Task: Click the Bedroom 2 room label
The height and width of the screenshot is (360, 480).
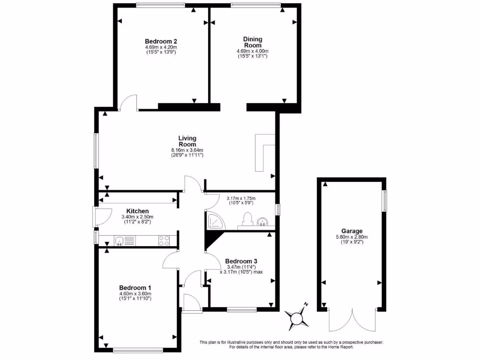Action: coord(160,41)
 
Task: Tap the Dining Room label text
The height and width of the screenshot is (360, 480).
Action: coord(252,42)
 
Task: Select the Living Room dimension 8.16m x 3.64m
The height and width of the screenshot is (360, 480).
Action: coord(187,150)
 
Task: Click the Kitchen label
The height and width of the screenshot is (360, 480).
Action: coord(137,211)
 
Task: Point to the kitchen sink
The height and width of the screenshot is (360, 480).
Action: coord(120,241)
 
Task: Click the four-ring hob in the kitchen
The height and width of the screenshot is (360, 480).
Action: coord(164,240)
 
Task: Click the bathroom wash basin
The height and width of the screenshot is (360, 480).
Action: coord(263,221)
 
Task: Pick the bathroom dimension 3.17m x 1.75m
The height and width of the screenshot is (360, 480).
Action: coord(240,198)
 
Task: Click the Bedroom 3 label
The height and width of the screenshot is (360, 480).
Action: coord(241,261)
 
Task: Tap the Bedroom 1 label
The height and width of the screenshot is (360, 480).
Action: coord(135,287)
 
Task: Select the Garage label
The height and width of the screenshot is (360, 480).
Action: coord(352,231)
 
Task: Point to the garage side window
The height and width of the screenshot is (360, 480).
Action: coord(385,200)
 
